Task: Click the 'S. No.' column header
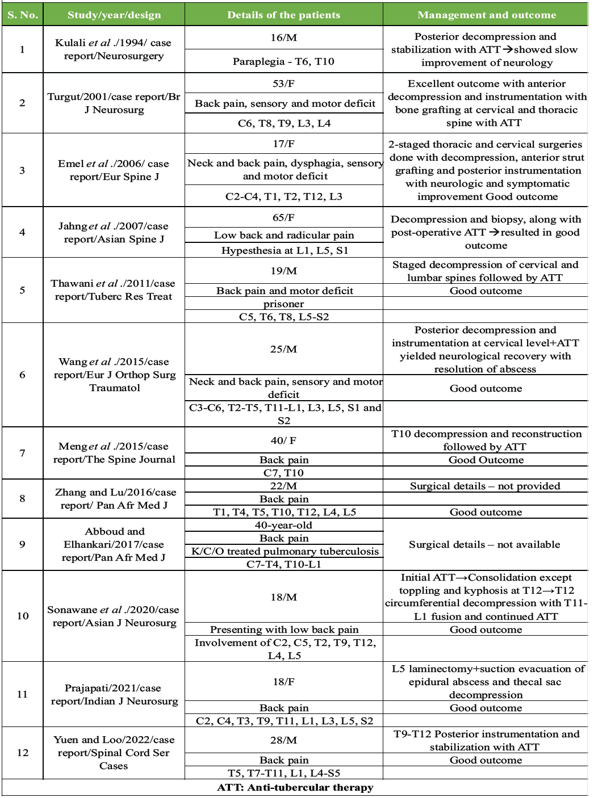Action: click(x=23, y=15)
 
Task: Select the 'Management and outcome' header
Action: click(x=486, y=15)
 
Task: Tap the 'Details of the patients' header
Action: click(x=283, y=15)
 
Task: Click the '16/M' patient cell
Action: click(x=283, y=37)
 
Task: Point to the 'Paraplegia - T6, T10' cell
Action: click(x=283, y=61)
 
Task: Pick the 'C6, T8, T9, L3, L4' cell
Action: click(x=283, y=123)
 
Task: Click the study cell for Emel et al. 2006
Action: click(x=114, y=170)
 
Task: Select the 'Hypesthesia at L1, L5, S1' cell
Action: click(x=285, y=250)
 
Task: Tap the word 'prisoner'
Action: click(x=283, y=304)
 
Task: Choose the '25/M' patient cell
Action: click(x=283, y=349)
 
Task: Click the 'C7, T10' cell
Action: click(x=283, y=473)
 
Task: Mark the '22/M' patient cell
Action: click(x=283, y=486)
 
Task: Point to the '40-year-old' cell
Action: click(x=283, y=525)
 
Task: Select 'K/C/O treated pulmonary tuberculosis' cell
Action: click(x=285, y=551)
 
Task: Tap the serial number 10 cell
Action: click(x=23, y=616)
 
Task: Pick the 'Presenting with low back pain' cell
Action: click(x=284, y=629)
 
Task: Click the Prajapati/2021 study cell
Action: click(x=114, y=695)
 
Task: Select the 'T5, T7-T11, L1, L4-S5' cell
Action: click(x=283, y=773)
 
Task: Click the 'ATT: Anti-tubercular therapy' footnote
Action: click(x=295, y=787)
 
